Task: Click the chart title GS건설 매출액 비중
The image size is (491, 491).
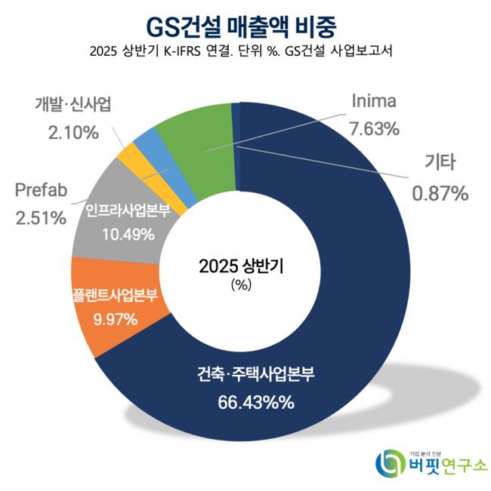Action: pyautogui.click(x=245, y=25)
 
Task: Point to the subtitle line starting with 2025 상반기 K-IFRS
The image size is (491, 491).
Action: pyautogui.click(x=245, y=52)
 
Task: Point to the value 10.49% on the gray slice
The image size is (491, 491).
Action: pyautogui.click(x=128, y=234)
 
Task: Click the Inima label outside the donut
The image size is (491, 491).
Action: pyautogui.click(x=374, y=101)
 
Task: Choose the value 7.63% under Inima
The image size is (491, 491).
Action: pyautogui.click(x=374, y=128)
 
